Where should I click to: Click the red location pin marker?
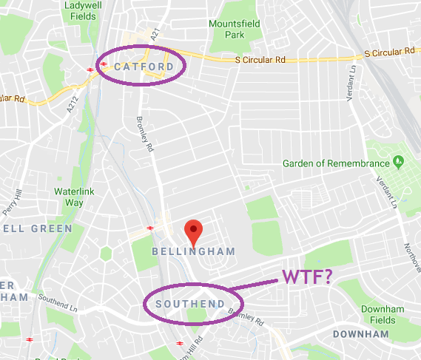(193, 231)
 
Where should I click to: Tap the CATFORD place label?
(144, 67)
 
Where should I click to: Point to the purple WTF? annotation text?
(306, 278)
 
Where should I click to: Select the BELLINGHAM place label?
(193, 252)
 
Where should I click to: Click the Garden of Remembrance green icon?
(399, 160)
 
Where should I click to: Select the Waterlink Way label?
(73, 197)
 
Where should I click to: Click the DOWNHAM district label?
(360, 335)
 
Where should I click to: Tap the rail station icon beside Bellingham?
(150, 228)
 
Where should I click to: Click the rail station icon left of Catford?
(90, 69)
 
